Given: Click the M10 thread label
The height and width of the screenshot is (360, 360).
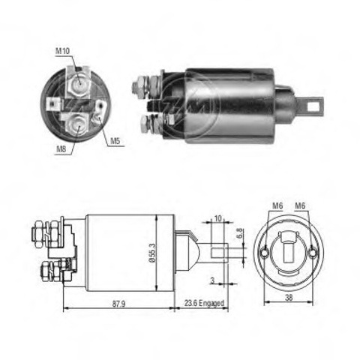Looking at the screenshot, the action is click(x=62, y=51).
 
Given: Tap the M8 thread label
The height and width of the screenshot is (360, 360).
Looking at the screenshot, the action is click(x=61, y=149).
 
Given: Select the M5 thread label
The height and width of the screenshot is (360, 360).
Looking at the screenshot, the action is click(x=115, y=141).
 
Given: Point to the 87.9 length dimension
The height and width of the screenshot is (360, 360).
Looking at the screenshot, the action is click(x=118, y=304).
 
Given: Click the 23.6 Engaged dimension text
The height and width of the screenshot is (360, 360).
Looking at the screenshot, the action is click(x=204, y=303).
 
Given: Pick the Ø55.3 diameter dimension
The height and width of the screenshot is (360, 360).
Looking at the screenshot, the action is click(x=152, y=253).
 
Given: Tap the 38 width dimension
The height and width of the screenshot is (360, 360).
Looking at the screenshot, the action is click(x=289, y=298).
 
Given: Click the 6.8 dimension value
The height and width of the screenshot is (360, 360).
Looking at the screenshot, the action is click(x=239, y=233).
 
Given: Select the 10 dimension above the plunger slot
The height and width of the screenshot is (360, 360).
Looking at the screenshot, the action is click(x=218, y=218).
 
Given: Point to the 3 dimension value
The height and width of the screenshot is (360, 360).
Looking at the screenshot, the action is click(x=212, y=280).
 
